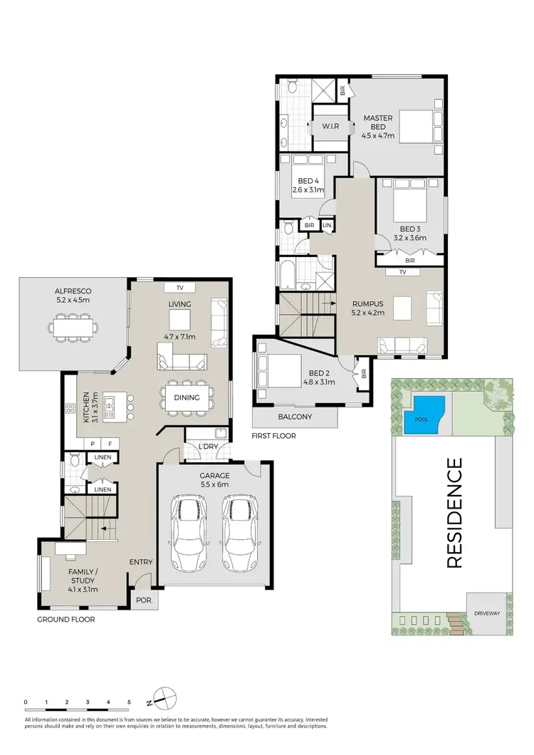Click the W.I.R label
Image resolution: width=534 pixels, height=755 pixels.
tap(330, 126)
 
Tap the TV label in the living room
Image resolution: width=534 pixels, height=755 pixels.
tap(179, 288)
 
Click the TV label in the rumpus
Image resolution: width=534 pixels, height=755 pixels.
tap(402, 272)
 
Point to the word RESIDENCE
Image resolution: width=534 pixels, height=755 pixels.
tap(455, 513)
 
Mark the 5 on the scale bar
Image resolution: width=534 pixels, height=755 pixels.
tap(129, 702)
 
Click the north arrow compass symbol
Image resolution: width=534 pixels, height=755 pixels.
tap(162, 697)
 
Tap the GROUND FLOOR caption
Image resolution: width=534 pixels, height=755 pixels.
tap(66, 620)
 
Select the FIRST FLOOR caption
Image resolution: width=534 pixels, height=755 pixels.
tap(274, 435)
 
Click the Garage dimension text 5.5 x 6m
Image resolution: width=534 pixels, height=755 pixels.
tap(214, 484)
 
